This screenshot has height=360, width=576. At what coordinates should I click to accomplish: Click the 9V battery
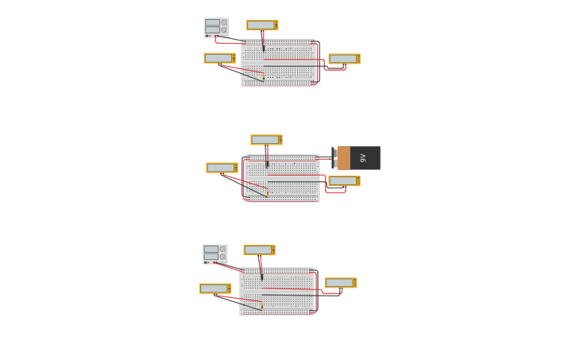click(358, 158)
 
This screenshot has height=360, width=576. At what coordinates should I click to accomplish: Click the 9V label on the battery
click(363, 158)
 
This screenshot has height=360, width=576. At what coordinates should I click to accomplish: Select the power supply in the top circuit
click(216, 28)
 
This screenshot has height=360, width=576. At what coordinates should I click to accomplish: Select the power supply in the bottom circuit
click(215, 254)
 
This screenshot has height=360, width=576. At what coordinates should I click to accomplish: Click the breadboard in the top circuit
click(278, 63)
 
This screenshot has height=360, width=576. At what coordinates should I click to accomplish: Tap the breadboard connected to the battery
click(282, 178)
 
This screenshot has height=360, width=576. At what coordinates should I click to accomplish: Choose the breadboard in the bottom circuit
click(276, 292)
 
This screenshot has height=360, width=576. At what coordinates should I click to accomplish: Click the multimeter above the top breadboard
click(262, 25)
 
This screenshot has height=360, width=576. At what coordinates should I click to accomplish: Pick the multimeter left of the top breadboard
click(219, 58)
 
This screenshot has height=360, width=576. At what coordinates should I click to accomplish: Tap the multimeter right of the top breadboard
click(344, 59)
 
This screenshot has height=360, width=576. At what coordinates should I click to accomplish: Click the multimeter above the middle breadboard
click(266, 140)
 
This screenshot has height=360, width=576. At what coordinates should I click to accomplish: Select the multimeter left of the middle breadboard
click(222, 168)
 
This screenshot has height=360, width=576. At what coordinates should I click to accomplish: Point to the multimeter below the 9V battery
click(344, 181)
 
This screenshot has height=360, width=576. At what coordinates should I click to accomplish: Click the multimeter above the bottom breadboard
click(259, 250)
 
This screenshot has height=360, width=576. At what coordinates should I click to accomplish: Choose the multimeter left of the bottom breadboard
click(215, 288)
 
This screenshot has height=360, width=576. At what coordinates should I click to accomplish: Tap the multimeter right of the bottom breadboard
click(341, 283)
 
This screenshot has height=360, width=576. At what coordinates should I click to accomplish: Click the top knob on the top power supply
click(224, 23)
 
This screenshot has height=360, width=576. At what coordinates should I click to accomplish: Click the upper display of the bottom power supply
click(211, 249)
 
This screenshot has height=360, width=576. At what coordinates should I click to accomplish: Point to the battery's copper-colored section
click(344, 158)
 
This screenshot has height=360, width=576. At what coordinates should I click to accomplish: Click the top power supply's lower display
click(212, 29)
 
